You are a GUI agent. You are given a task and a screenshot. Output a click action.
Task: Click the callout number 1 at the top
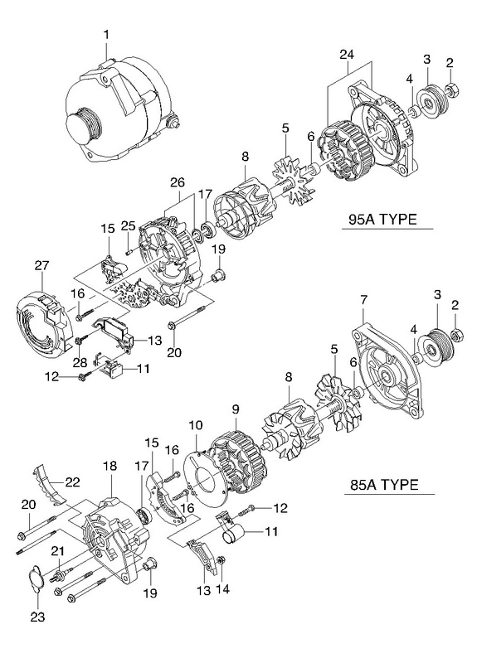coord(107,34)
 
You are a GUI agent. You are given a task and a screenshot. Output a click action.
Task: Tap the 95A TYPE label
coord(382,219)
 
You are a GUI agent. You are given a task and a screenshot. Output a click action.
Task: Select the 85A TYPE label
coord(384,484)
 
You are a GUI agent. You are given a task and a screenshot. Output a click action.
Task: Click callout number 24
coord(347,55)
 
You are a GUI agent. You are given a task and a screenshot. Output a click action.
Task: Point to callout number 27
coord(42,265)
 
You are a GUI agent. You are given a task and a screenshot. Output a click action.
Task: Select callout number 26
coord(178,182)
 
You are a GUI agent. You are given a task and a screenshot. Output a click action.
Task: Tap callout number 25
coord(128,225)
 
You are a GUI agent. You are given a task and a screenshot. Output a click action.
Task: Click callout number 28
coord(80,362)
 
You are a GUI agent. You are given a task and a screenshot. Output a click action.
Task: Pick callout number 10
coord(196,425)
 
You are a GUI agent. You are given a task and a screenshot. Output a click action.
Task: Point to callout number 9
coord(236,409)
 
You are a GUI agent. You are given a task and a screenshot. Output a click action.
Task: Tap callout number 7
coord(364,300)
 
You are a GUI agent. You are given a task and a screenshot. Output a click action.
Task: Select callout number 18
coord(110,467)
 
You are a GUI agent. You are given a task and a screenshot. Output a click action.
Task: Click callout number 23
coord(37,617)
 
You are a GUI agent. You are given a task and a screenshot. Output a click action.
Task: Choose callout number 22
coord(72,482)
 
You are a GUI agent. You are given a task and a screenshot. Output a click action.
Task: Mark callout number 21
coord(57,551)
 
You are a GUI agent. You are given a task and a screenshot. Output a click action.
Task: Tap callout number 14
coord(222,588)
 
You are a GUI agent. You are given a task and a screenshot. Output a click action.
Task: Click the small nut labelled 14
coord(220,561)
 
